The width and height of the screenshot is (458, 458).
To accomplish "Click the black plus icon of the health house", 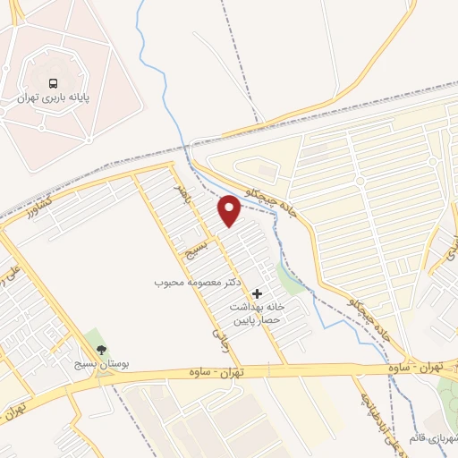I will click(258, 293).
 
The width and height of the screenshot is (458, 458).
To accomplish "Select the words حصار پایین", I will click(258, 320).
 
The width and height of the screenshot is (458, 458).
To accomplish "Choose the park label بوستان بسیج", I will click(100, 366).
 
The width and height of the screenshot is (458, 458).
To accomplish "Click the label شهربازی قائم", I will click(429, 438).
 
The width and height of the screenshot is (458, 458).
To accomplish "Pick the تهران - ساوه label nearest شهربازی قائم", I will click(424, 368).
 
